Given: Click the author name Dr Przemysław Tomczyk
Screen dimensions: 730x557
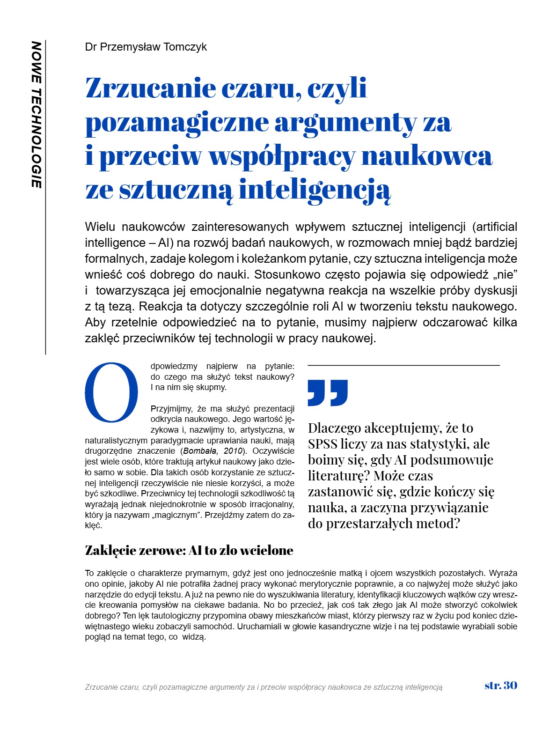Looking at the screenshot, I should [146, 47].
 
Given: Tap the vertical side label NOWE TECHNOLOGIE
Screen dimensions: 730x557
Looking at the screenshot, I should [37, 115].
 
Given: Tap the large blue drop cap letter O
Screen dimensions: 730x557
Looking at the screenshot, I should [111, 392].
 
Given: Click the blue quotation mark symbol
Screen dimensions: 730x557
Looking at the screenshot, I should [328, 392].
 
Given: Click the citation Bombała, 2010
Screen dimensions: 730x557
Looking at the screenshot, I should [213, 451].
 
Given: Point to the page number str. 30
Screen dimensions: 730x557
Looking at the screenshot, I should [501, 686].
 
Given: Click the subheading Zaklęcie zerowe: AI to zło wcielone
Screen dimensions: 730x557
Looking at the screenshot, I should [189, 550].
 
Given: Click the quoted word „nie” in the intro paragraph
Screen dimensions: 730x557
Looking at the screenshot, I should [506, 274].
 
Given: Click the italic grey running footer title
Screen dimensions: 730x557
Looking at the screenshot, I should [264, 687].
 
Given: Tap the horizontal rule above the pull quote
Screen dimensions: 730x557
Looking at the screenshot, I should [403, 365].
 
